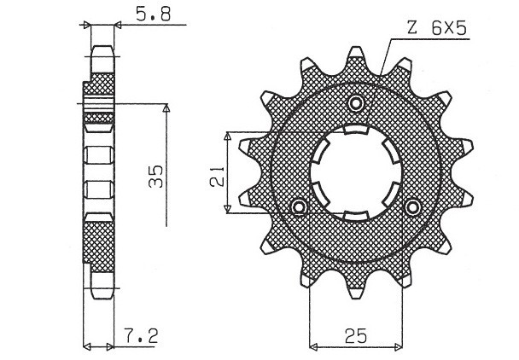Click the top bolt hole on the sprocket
[357, 103]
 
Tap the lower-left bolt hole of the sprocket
[299, 207]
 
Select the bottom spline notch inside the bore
[355, 210]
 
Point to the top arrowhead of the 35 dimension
[166, 108]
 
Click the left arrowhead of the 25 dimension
[312, 345]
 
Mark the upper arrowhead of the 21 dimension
[226, 136]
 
